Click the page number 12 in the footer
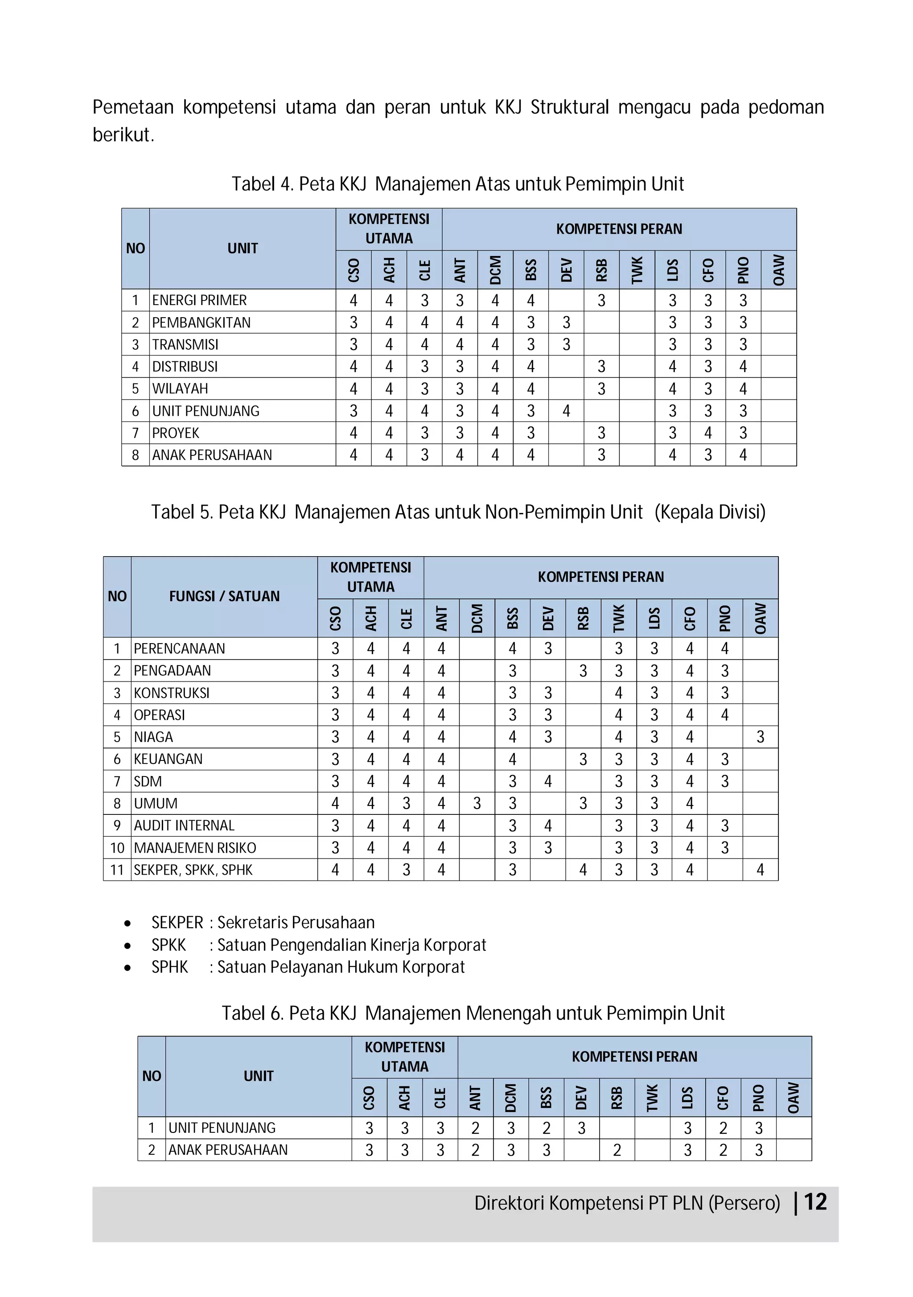(815, 1202)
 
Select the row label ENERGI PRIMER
(199, 300)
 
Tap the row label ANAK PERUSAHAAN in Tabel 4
(212, 455)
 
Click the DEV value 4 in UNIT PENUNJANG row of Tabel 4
(566, 411)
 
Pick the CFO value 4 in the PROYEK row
(708, 433)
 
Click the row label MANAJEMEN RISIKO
(195, 847)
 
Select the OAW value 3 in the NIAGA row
(760, 737)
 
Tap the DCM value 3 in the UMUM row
(477, 803)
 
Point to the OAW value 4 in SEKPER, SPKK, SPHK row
(760, 869)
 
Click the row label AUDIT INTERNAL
(184, 825)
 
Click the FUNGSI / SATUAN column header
(224, 596)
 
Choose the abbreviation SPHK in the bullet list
(169, 967)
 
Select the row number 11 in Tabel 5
(117, 869)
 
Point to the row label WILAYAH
(180, 388)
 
